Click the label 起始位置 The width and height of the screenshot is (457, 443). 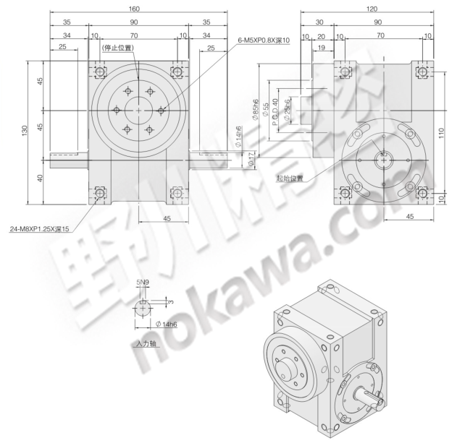292,176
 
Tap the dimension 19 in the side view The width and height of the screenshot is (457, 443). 320,47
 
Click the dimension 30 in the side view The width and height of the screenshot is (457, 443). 319,22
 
